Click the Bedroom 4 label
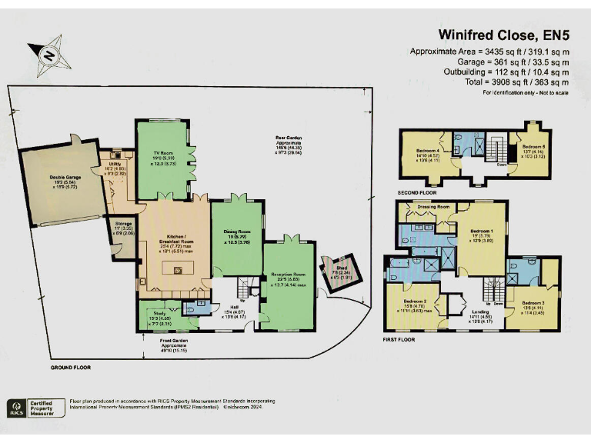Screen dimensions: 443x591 tap(429, 151)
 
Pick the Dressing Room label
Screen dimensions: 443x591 tap(432, 207)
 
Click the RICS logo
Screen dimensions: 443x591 tap(15, 408)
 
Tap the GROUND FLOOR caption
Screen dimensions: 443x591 tap(71, 368)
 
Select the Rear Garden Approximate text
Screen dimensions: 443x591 tap(290, 142)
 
